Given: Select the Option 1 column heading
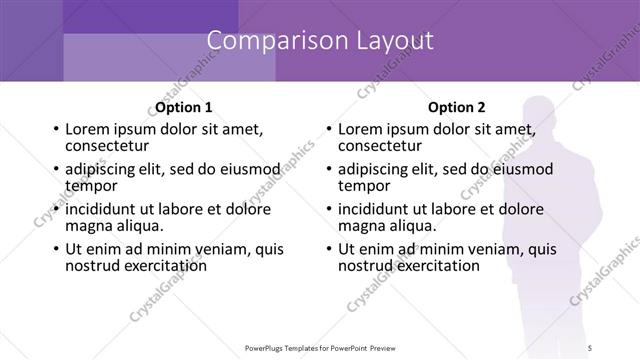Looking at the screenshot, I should (x=183, y=107).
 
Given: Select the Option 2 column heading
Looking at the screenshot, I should (x=456, y=107).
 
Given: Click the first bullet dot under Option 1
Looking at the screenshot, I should (x=56, y=130).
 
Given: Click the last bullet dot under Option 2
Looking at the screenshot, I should (x=329, y=249).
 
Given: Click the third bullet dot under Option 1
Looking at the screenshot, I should (x=56, y=210).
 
